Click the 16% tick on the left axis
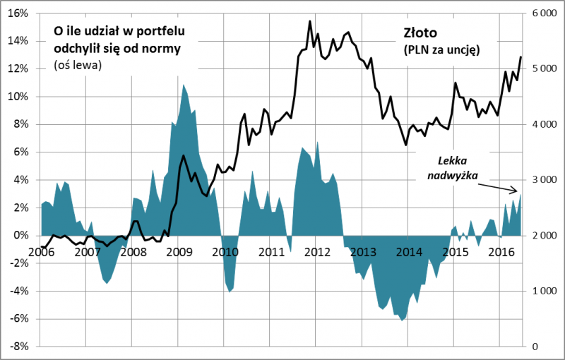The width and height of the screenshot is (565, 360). tap(18, 13)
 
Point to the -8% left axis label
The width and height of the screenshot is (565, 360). tap(18, 347)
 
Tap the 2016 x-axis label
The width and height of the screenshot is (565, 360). tap(501, 251)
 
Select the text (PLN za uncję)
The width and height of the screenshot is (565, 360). tap(441, 50)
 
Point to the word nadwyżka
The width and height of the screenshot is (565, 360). tap(453, 175)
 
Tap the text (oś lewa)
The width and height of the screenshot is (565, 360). tap(78, 65)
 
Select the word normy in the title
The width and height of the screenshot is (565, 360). tap(165, 49)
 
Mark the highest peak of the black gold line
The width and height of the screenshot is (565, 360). tap(310, 21)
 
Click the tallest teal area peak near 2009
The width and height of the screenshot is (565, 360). tap(184, 85)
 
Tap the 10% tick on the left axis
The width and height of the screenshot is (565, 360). tap(18, 97)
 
